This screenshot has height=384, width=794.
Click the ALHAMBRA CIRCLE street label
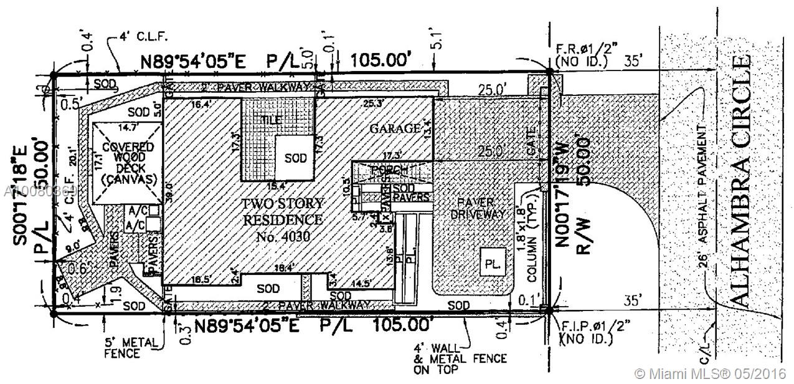coord(739,181)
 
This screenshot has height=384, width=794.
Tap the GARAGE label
coord(394,129)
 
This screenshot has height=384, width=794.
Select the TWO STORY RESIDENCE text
coord(283,212)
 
